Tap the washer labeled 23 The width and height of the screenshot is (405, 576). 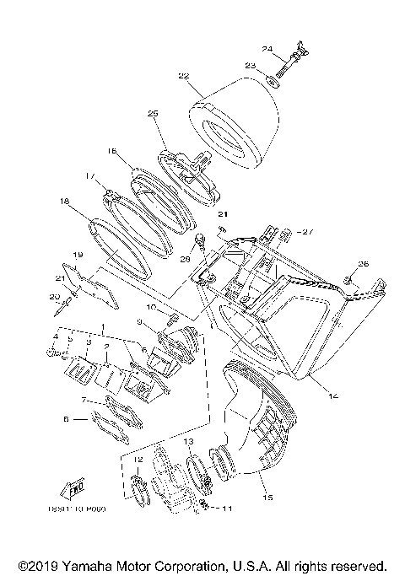[273, 82]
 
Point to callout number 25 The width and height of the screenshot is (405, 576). [153, 113]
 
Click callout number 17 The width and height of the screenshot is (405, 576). [90, 176]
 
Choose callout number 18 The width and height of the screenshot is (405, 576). [63, 202]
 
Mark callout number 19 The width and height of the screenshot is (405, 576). [76, 255]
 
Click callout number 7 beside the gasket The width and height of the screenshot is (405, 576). [85, 399]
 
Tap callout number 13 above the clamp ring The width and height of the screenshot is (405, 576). [189, 442]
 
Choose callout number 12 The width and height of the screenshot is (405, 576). [139, 460]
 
